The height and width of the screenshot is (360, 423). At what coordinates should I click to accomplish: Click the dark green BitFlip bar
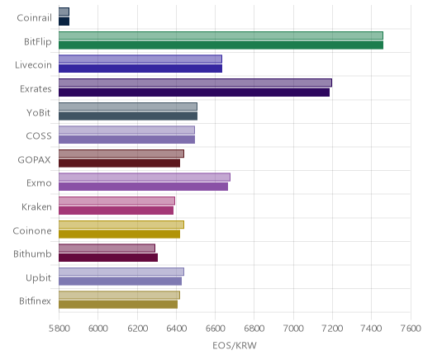point(221,45)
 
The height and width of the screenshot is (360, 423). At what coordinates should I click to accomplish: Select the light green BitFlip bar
point(221,36)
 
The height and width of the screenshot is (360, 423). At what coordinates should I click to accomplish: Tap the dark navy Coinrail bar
point(64,21)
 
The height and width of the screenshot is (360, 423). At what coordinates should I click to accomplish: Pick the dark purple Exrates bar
point(194,92)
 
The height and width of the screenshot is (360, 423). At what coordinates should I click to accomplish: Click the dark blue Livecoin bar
point(140,69)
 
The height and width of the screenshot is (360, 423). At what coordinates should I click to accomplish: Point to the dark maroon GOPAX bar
point(119,163)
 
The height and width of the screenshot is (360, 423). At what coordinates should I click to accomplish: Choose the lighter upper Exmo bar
point(145,178)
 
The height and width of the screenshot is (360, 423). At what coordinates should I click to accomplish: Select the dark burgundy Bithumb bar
point(108,258)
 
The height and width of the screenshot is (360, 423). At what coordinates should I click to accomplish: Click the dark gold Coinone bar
point(119,234)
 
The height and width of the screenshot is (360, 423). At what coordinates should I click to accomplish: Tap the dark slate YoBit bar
point(128,116)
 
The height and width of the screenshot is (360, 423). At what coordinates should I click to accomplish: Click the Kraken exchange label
point(36,206)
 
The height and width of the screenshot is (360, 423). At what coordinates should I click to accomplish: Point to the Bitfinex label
point(35,301)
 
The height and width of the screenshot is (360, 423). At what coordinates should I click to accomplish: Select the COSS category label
point(39,136)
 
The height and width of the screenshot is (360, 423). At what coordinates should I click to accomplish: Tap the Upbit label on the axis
point(38,277)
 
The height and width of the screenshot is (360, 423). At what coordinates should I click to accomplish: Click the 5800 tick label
point(59,329)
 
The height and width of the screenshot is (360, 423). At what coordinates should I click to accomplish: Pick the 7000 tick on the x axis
point(293,329)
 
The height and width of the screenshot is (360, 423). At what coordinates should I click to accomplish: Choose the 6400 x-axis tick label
point(176,329)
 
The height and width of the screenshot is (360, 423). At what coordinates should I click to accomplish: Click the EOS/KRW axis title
point(235,345)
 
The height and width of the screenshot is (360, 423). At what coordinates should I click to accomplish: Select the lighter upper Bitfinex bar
point(119,296)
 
